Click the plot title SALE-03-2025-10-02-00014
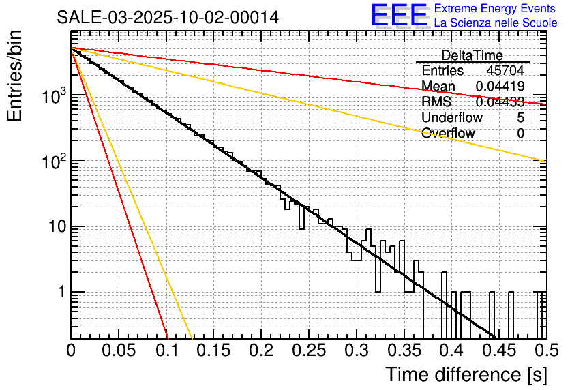pos(168,18)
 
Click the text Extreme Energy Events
pos(496,9)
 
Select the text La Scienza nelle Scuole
pos(496,22)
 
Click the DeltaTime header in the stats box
pos(472,55)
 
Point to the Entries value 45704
pos(505,71)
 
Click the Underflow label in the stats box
pos(452,117)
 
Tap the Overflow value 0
pos(520,134)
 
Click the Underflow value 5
pos(520,117)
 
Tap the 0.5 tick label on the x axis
pos(545,351)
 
